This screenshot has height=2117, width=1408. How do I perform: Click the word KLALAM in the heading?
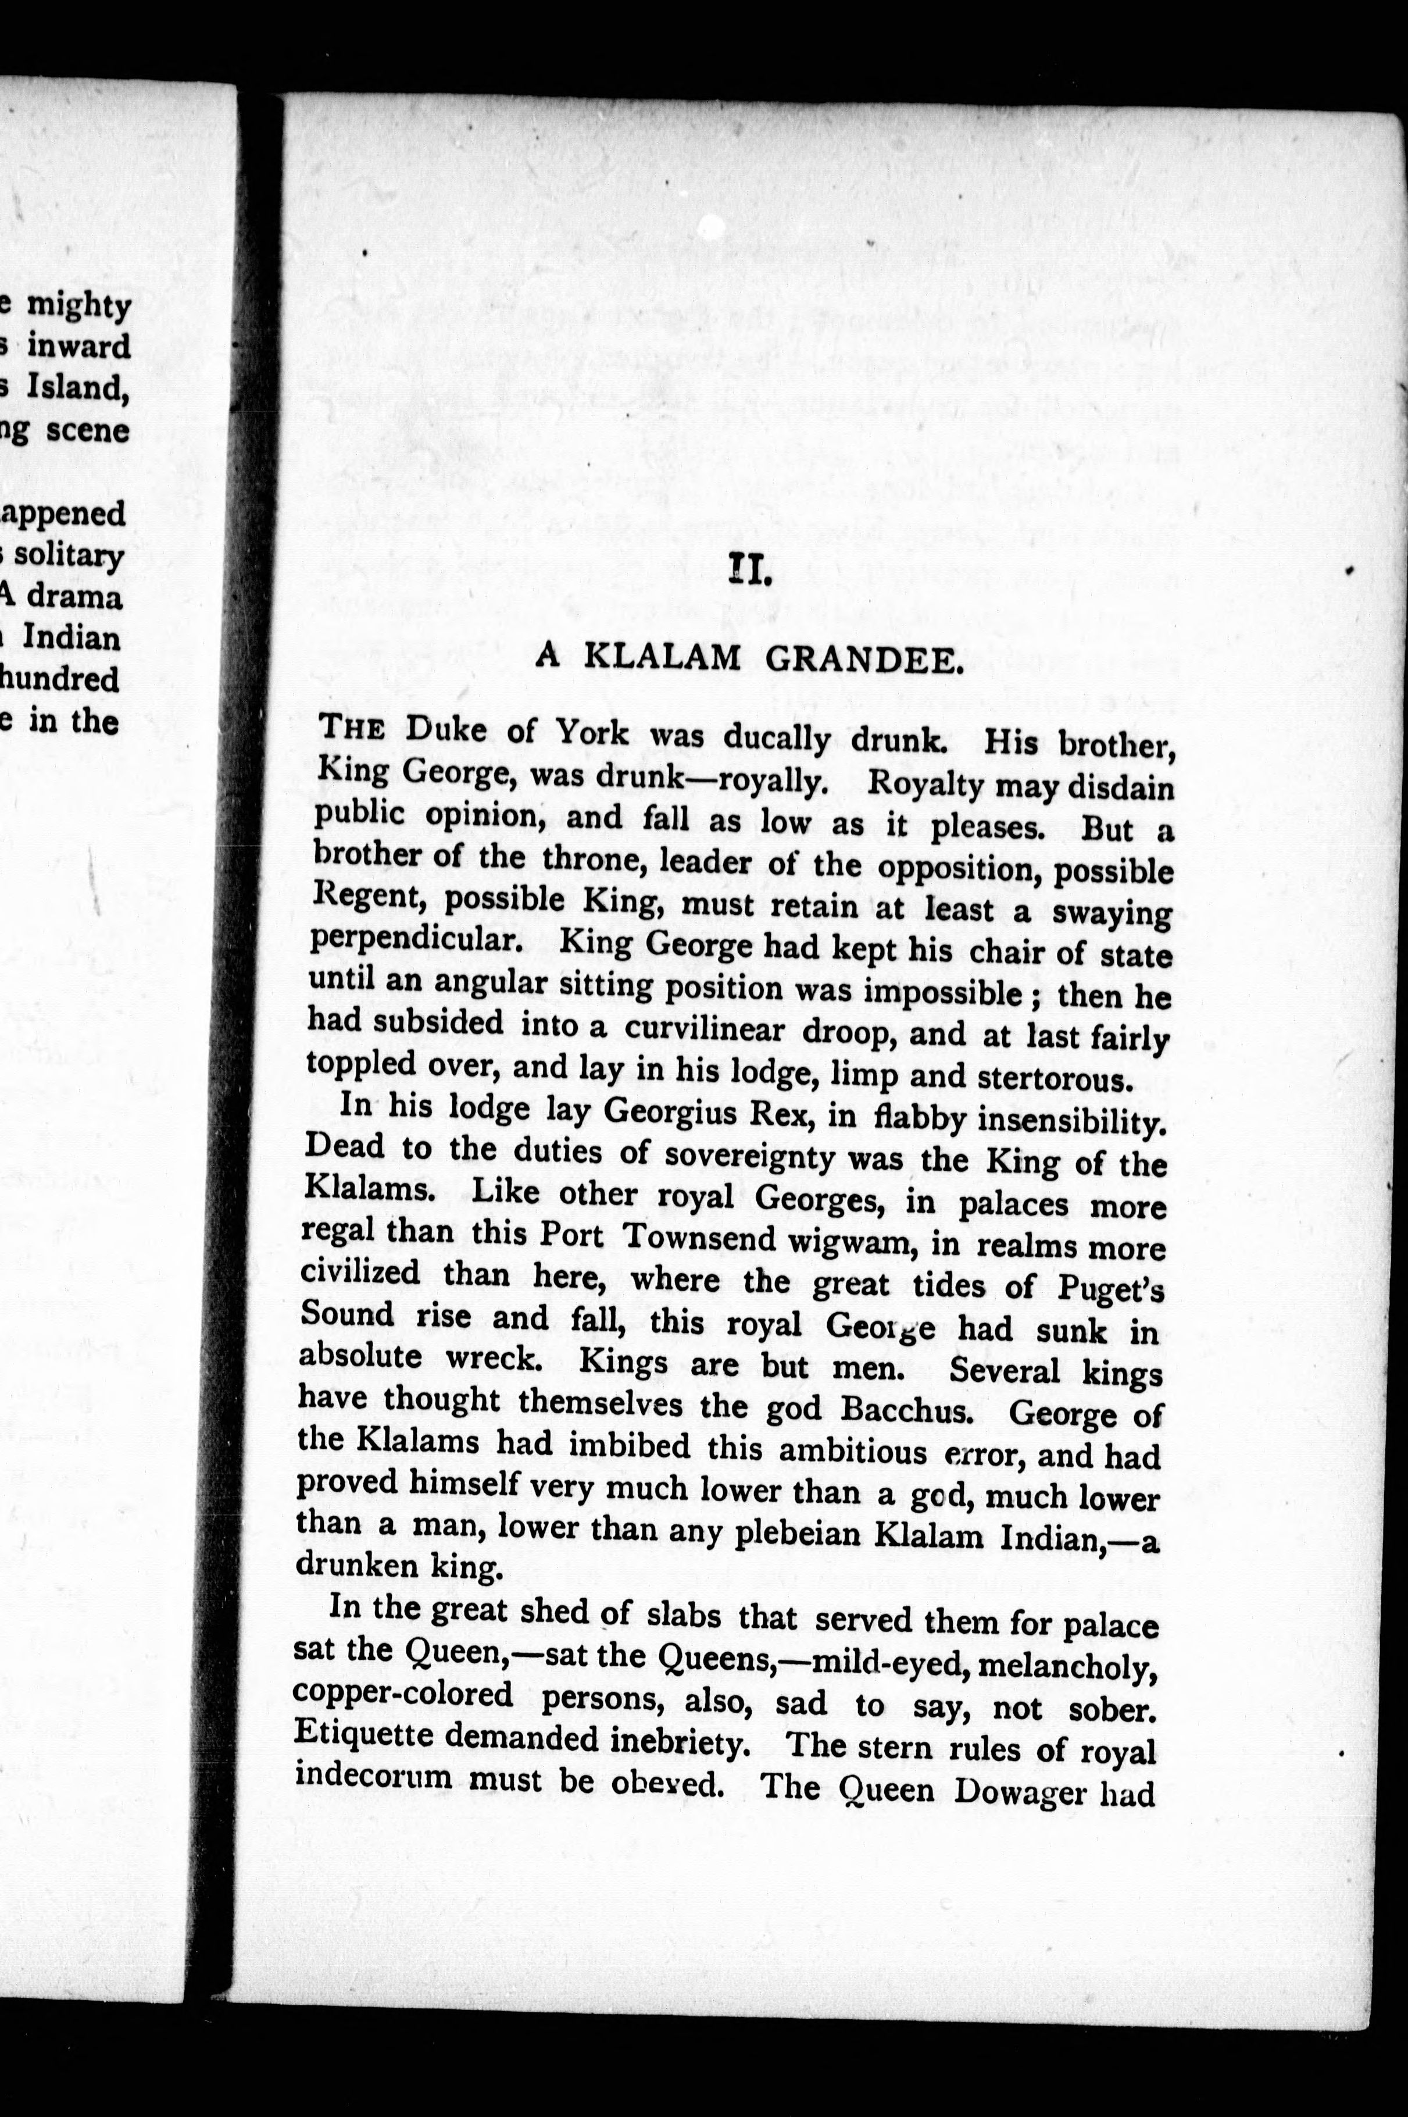[663, 658]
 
